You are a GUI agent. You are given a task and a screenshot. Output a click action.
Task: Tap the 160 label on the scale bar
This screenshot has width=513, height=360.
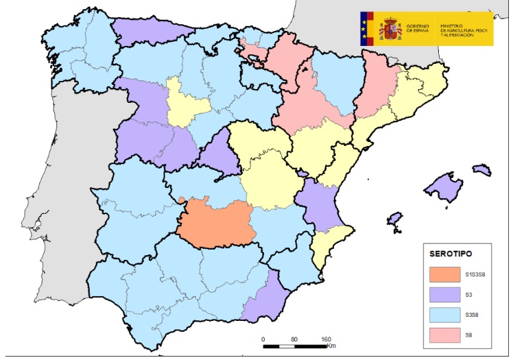click(326, 339)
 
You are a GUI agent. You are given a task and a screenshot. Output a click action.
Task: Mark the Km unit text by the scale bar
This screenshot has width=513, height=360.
click(331, 346)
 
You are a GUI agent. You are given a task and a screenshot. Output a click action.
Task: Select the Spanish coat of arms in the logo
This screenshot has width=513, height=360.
click(391, 29)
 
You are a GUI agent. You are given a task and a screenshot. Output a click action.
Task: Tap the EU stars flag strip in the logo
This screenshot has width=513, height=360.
click(364, 29)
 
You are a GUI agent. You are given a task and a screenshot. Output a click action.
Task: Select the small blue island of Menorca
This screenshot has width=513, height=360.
click(482, 169)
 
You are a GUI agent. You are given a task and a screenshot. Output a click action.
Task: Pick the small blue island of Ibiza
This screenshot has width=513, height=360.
click(394, 219)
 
